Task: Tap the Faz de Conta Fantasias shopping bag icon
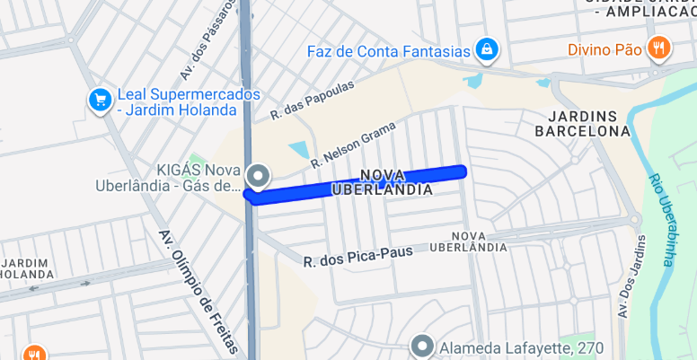486,49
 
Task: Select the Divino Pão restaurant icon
658,48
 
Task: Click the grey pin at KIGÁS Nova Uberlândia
258,175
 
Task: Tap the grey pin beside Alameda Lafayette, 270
422,346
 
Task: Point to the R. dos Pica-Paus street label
358,257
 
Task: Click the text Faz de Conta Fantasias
389,50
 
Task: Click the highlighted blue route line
359,183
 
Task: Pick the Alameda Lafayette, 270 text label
520,347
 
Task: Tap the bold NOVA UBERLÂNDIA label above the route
382,182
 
